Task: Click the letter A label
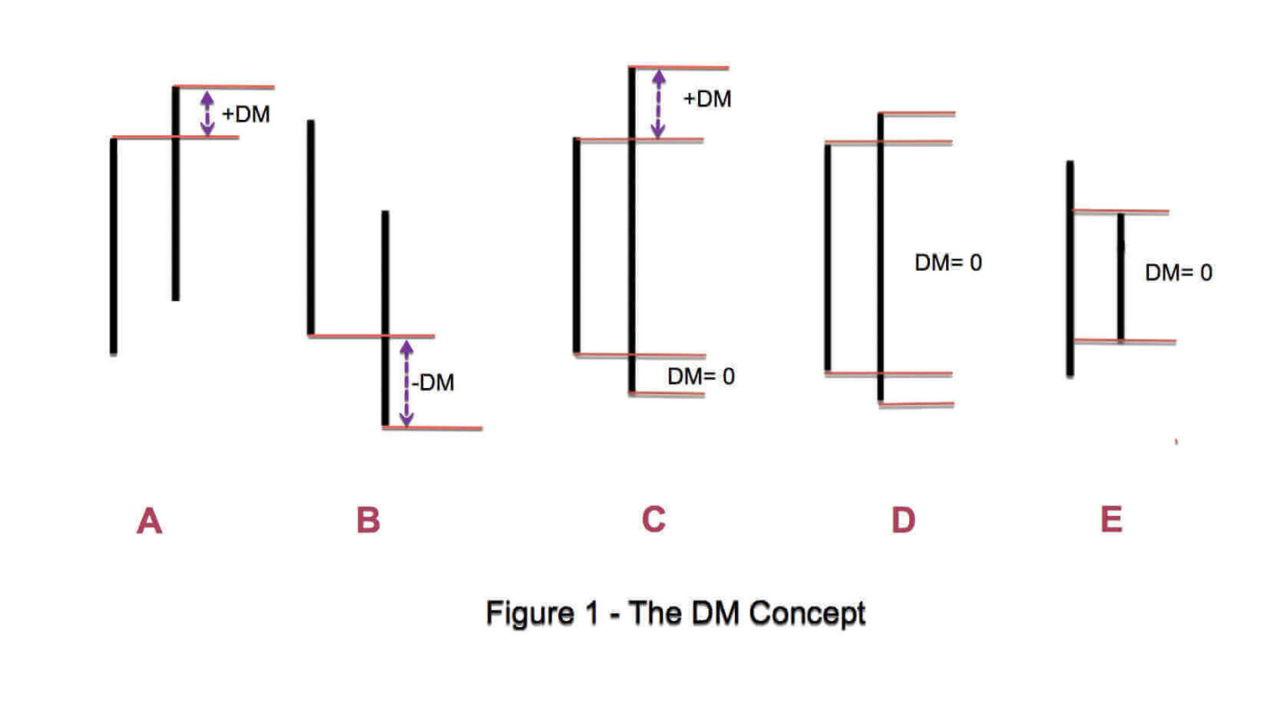coord(149,521)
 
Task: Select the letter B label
coord(368,520)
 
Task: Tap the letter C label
coord(654,519)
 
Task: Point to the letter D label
coord(903,520)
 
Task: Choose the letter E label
coord(1111,519)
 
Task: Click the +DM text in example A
coord(246,114)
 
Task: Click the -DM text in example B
coord(433,382)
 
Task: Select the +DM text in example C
coord(707,99)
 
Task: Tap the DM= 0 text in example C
coord(700,376)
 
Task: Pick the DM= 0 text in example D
coord(948,262)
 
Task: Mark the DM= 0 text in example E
coord(1178,273)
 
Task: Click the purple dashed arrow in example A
coord(207,113)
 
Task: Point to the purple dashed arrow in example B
coord(406,382)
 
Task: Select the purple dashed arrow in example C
coord(659,104)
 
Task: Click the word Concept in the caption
coord(807,613)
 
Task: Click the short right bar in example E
coord(1120,277)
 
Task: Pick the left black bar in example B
coord(311,227)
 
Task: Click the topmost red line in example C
coord(679,67)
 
